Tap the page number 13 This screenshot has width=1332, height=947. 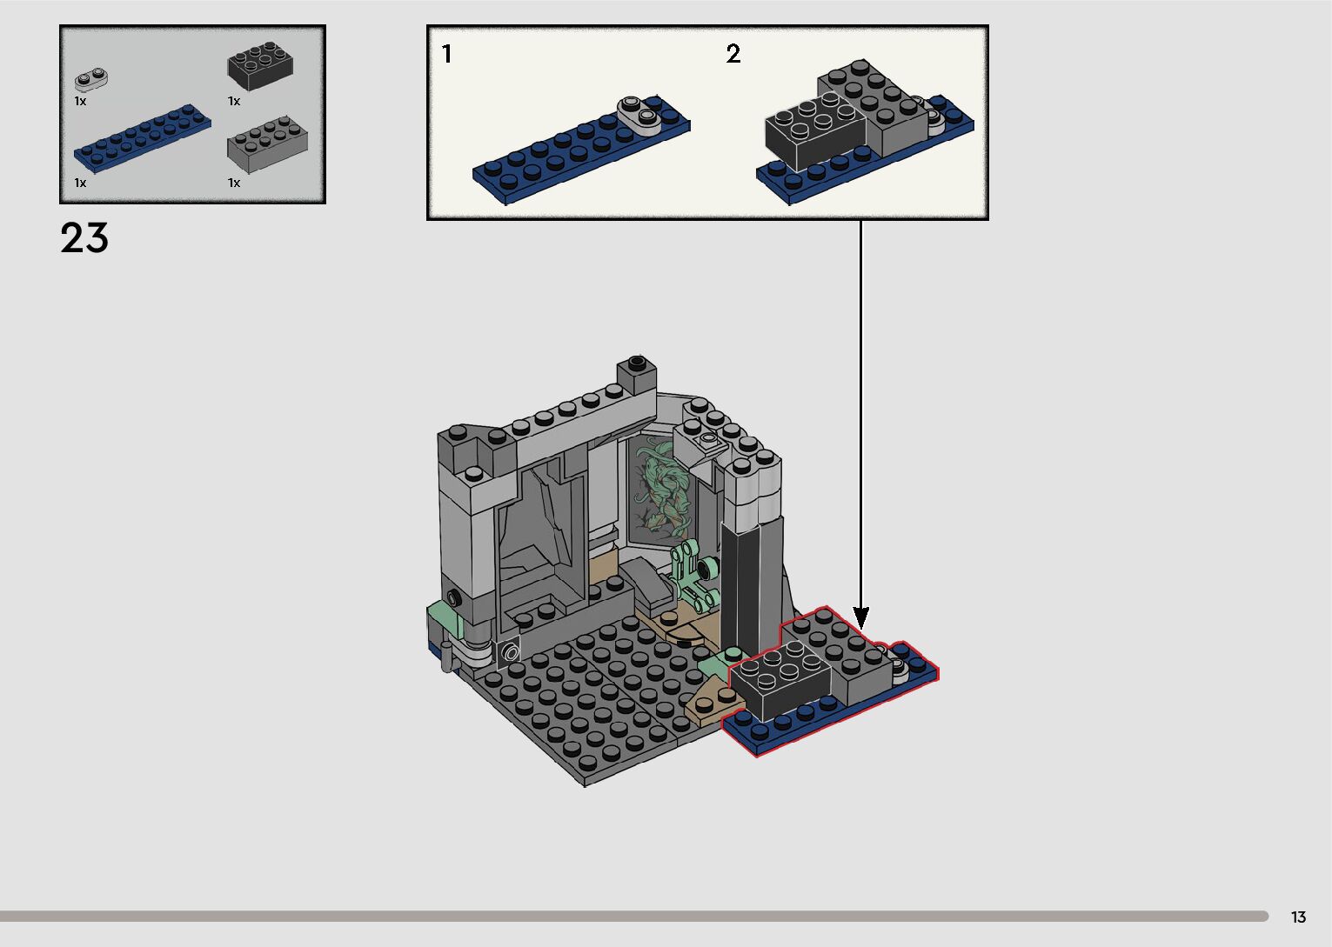pos(1298,917)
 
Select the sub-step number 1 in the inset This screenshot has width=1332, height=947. pos(447,55)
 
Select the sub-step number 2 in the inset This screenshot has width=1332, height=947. pos(733,55)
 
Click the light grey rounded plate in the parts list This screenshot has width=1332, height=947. pos(91,80)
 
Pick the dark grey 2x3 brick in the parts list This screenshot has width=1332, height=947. pos(260,64)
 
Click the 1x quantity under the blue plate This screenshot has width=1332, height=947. pos(80,183)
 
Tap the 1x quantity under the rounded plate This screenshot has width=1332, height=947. pos(80,101)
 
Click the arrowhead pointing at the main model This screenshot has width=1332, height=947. pos(861,619)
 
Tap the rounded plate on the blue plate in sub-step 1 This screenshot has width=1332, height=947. pos(640,113)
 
